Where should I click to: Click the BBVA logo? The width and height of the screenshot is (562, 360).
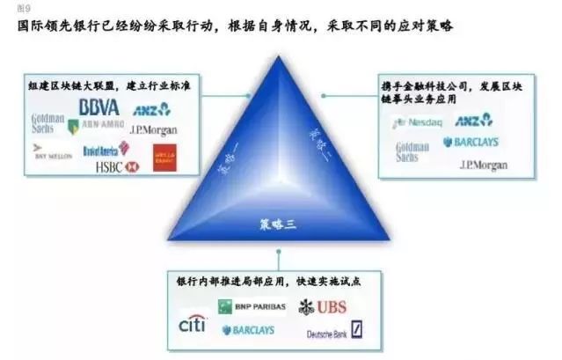pyautogui.click(x=99, y=107)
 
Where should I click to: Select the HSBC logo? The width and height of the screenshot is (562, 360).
pyautogui.click(x=118, y=165)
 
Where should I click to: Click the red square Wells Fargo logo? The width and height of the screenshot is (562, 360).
pyautogui.click(x=164, y=156)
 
